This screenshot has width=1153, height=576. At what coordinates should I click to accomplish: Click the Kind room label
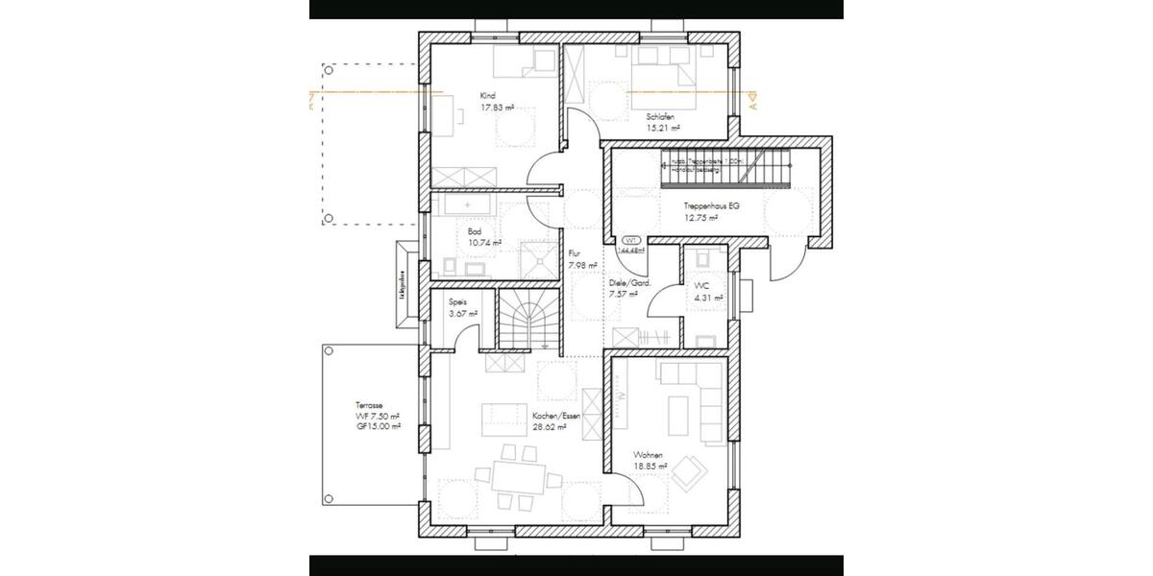point(488,96)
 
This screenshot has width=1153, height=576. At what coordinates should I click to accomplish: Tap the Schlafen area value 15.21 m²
point(663,128)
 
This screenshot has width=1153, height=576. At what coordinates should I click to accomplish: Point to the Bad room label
point(475,232)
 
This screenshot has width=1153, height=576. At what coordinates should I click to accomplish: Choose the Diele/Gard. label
point(630,284)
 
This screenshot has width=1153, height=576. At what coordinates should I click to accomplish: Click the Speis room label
point(457,301)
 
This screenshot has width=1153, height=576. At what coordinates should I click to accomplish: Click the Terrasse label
point(369,406)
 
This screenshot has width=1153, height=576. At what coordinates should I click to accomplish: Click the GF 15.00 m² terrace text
point(377,426)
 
